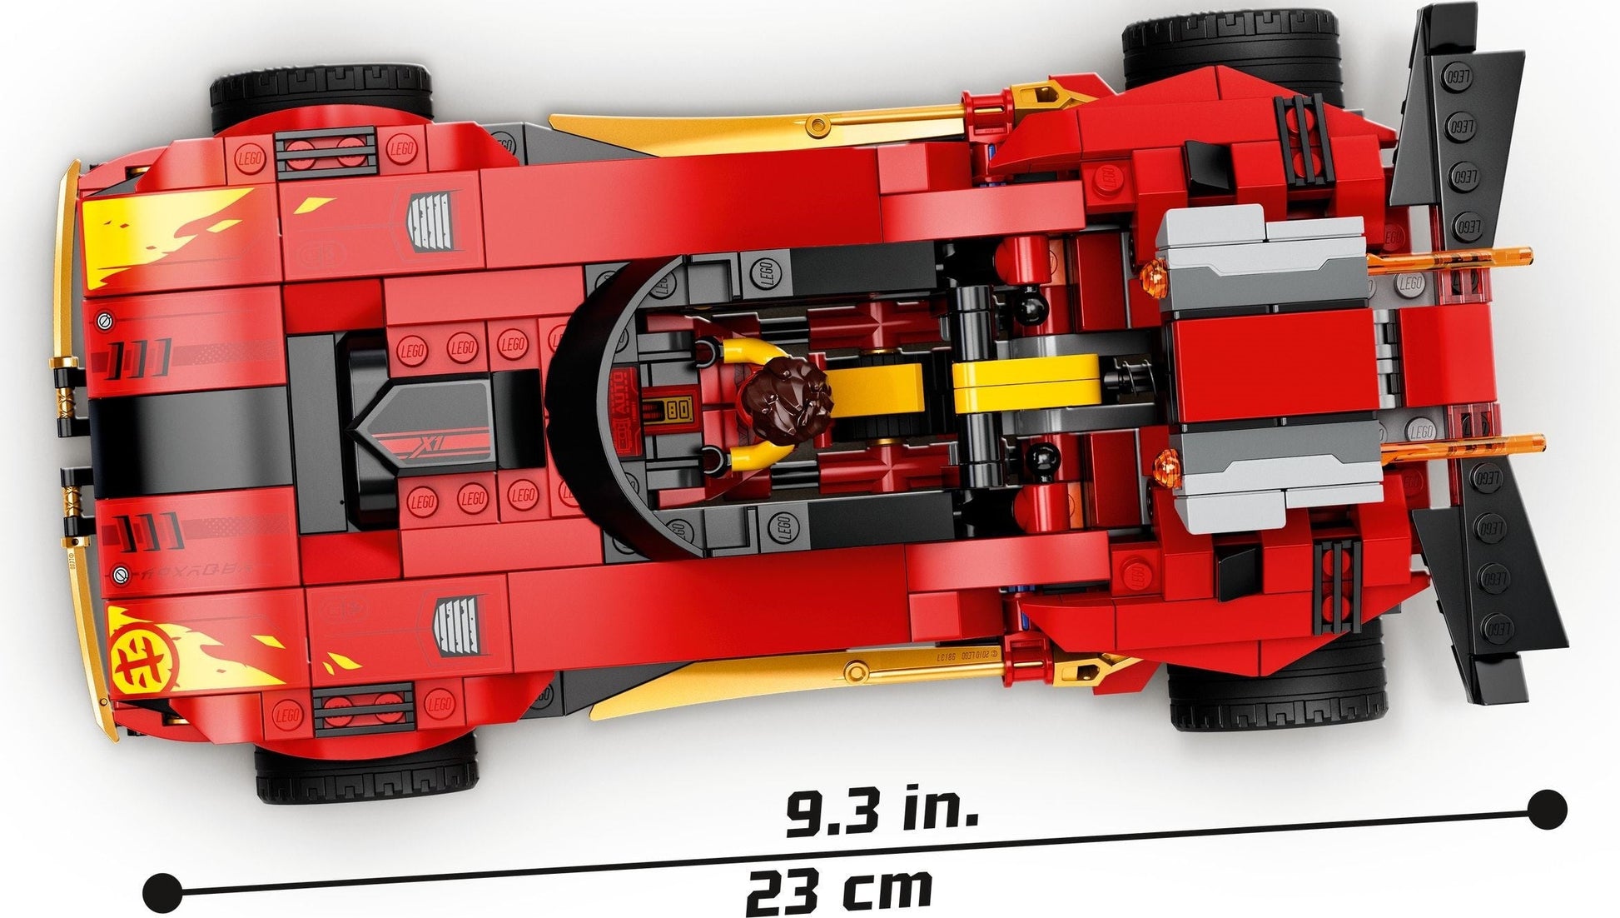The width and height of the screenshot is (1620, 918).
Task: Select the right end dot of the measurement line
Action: click(x=1548, y=808)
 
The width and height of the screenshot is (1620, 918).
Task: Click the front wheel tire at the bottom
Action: click(x=366, y=771)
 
